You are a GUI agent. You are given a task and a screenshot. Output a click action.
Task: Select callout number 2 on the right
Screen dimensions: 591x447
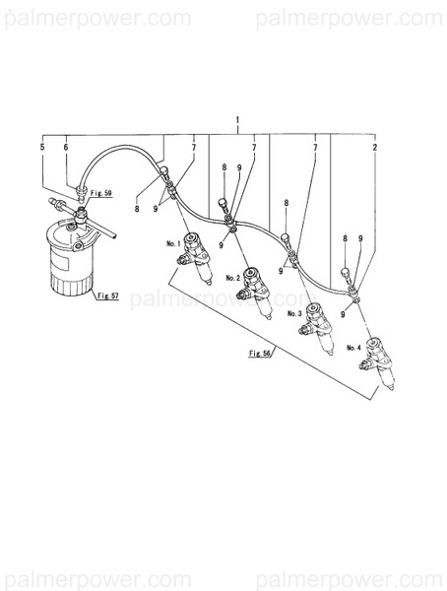coord(375,147)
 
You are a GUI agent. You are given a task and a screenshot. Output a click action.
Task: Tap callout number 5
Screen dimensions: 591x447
coord(41,147)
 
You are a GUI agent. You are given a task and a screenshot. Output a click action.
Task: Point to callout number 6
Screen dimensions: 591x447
coord(66,147)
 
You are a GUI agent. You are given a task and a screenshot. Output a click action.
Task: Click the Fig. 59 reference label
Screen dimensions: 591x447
coord(100,193)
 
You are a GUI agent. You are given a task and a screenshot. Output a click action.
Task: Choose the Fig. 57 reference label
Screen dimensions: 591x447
coord(106,295)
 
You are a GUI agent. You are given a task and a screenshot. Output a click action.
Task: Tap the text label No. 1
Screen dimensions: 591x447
coord(173,243)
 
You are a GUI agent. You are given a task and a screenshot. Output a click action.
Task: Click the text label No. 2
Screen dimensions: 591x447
coord(232,279)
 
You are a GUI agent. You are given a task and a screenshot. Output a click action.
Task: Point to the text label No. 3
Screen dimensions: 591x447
coord(293,313)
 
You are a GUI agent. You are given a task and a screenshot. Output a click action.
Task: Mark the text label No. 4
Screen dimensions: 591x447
coord(353,347)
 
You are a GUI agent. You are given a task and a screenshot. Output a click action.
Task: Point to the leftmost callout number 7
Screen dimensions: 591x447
coord(193,147)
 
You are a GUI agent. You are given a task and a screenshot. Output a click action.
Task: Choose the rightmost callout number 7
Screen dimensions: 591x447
coord(315,147)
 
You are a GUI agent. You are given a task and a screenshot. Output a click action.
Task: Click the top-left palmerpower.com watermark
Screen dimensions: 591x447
coord(96,19)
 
